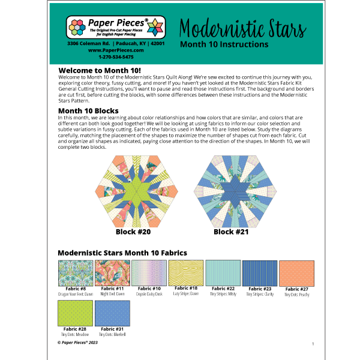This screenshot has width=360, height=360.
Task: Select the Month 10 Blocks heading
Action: coord(88,110)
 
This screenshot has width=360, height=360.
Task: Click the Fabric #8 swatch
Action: coord(74,273)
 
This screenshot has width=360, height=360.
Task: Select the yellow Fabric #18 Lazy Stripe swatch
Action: coord(185,273)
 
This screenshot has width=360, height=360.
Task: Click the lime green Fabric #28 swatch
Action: coord(74,313)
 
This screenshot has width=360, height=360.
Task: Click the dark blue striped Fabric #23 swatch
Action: coord(259,273)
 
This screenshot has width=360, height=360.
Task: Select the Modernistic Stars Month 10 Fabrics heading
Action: coord(122,253)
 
